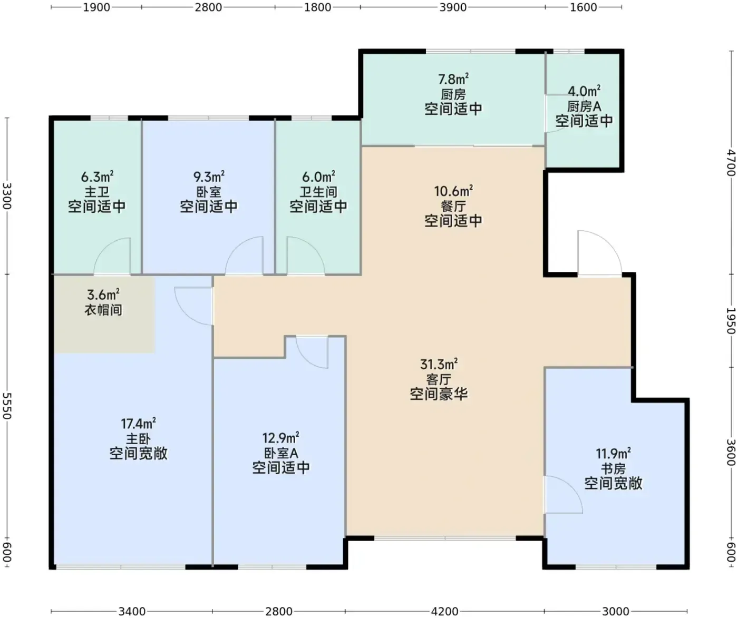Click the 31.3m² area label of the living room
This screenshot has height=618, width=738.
[439, 364]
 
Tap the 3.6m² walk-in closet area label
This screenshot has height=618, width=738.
[103, 295]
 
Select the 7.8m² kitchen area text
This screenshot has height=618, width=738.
[453, 79]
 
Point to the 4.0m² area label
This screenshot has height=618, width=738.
[584, 91]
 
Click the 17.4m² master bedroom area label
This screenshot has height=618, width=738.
[138, 423]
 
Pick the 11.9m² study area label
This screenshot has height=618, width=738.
[613, 453]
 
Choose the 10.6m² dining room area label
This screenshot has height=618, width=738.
[453, 191]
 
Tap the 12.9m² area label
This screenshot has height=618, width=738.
[280, 438]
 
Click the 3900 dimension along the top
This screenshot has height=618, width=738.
[453, 7]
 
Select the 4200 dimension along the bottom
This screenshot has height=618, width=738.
[444, 611]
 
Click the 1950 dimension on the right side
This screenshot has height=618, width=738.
[731, 321]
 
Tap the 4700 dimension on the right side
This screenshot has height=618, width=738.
[731, 163]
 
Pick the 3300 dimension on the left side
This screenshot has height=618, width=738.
[7, 196]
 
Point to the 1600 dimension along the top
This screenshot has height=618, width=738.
[583, 7]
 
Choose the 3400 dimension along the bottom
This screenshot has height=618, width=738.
[132, 611]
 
